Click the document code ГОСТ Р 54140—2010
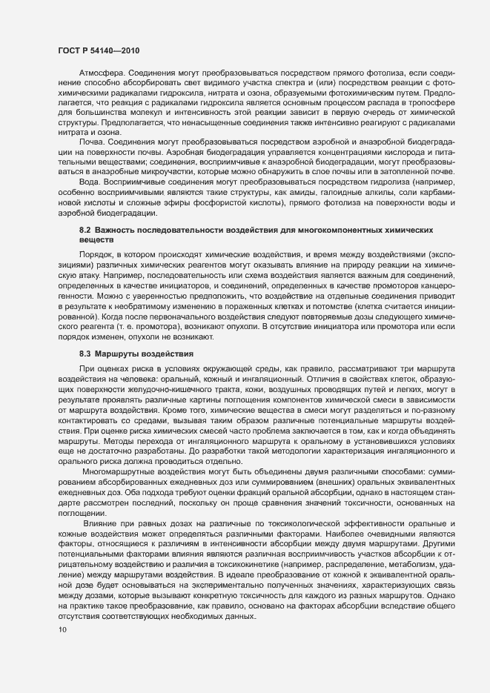(98, 50)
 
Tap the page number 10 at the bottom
(62, 631)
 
